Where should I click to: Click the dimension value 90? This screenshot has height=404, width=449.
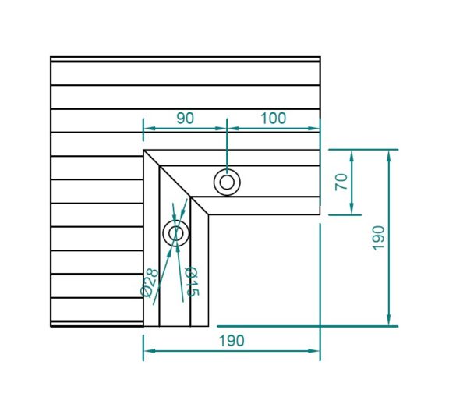pos(185,118)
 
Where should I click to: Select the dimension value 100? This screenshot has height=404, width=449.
pos(273,118)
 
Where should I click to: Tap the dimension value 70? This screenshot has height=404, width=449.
pos(341,182)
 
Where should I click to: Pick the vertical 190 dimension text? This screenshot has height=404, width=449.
pos(378,238)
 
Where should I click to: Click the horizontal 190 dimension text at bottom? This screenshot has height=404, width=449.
pos(232,341)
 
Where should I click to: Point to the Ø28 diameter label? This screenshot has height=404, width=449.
pos(149,283)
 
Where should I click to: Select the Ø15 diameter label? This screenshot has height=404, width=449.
pos(192,282)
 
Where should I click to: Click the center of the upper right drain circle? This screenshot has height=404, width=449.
pos(227,183)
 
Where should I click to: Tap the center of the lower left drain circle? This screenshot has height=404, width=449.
pos(176,233)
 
